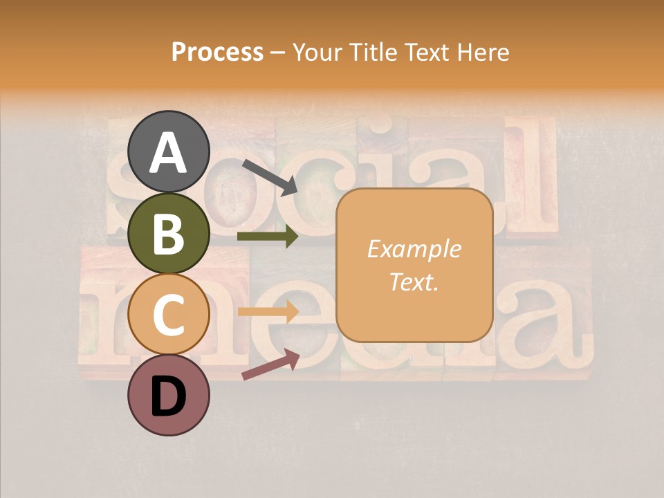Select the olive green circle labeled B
pyautogui.click(x=168, y=233)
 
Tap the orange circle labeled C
pyautogui.click(x=168, y=314)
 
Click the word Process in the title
pyautogui.click(x=217, y=52)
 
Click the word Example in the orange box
pyautogui.click(x=414, y=249)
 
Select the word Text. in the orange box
pyautogui.click(x=414, y=282)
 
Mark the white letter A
pyautogui.click(x=168, y=153)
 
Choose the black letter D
pyautogui.click(x=168, y=397)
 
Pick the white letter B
pyautogui.click(x=168, y=233)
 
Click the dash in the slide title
pyautogui.click(x=277, y=53)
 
